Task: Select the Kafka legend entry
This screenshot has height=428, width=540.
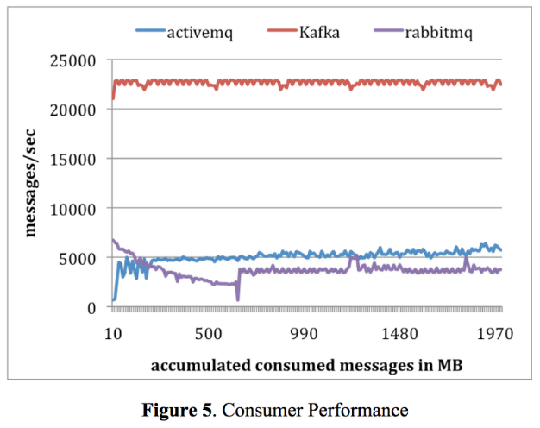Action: point(324,35)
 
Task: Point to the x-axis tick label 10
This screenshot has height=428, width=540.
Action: point(112,334)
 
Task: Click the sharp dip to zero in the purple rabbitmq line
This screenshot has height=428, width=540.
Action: point(237,299)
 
